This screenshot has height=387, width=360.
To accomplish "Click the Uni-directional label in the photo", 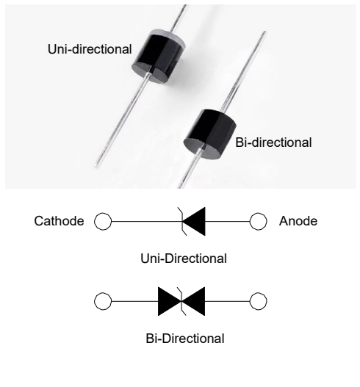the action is pyautogui.click(x=90, y=49).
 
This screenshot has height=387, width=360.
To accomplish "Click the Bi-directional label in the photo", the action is pyautogui.click(x=273, y=142).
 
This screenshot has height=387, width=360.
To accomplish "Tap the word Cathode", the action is pyautogui.click(x=59, y=221).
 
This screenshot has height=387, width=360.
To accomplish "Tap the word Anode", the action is pyautogui.click(x=298, y=221).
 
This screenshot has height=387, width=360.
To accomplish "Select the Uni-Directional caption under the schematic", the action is pyautogui.click(x=184, y=258).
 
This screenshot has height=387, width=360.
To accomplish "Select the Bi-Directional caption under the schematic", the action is pyautogui.click(x=185, y=339).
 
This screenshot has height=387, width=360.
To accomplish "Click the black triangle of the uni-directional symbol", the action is pyautogui.click(x=197, y=221).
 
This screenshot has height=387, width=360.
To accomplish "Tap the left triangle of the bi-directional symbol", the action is pyautogui.click(x=167, y=301).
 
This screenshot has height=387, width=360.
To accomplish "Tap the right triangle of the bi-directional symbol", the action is pyautogui.click(x=196, y=301).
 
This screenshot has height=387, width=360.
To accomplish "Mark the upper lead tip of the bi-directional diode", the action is pyautogui.click(x=264, y=32).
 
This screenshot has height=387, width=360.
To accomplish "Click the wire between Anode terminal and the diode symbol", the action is pyautogui.click(x=227, y=221).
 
